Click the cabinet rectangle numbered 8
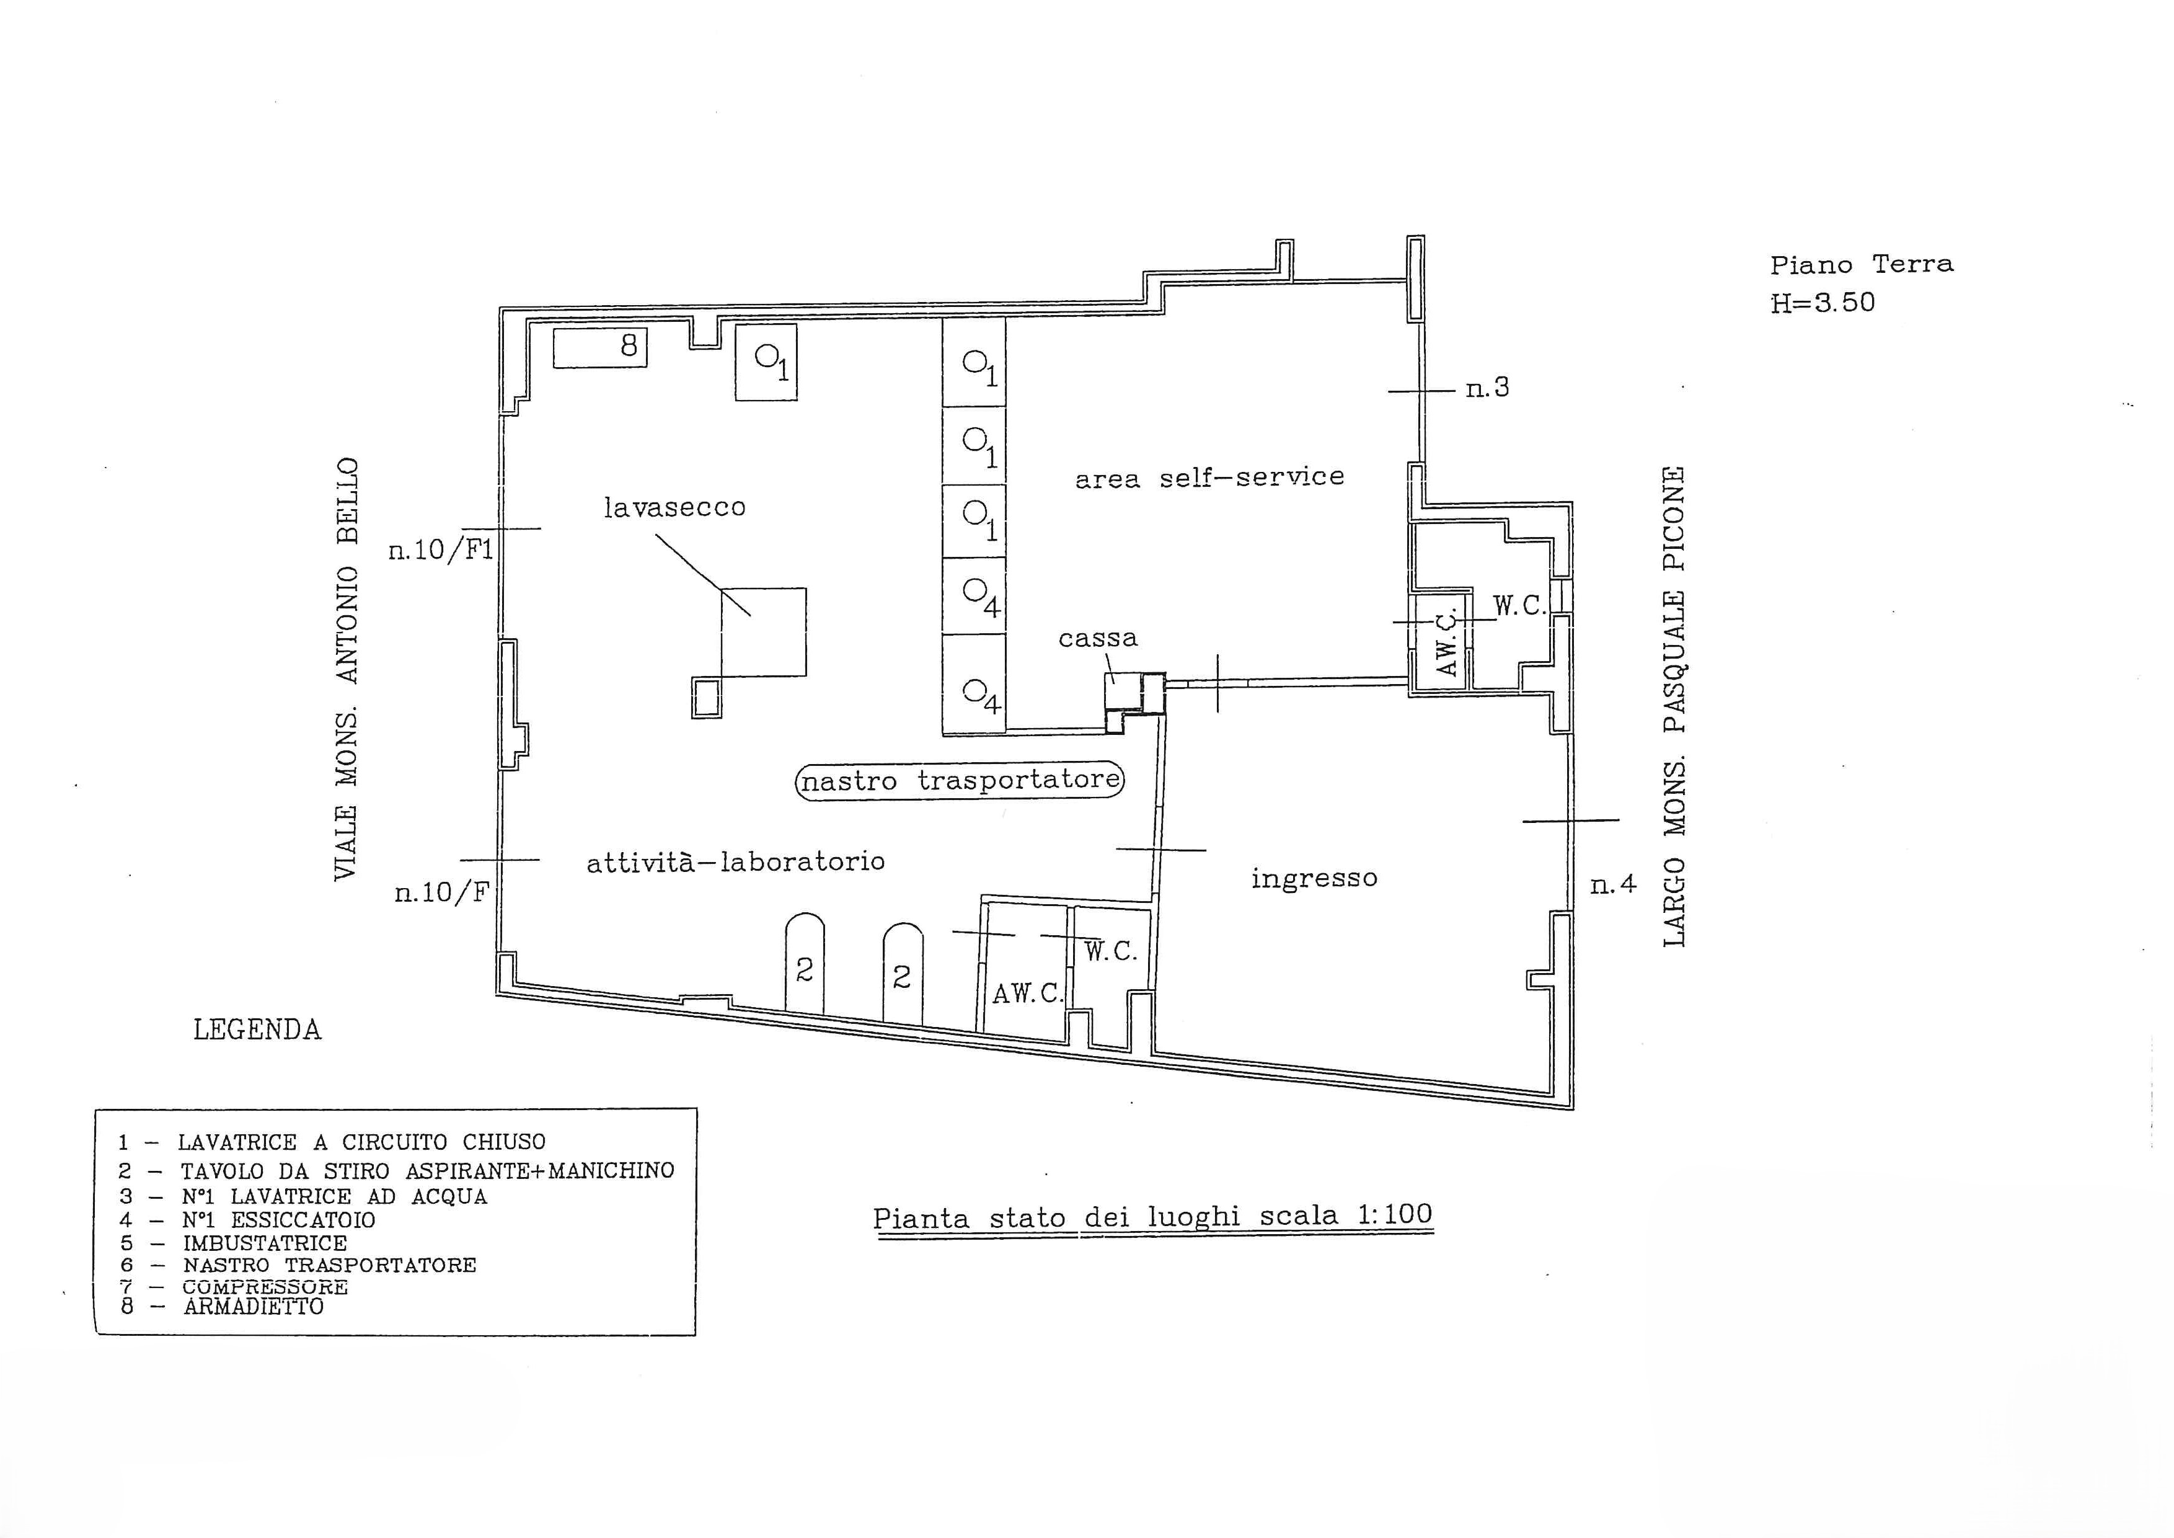pos(599,347)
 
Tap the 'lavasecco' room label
pos(674,508)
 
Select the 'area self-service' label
pos(1209,478)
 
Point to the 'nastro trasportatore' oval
pos(959,781)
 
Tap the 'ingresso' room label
pos(1314,879)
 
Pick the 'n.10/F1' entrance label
pos(441,549)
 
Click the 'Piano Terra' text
pos(1862,264)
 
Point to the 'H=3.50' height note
pos(1823,302)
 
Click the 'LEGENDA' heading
pos(257,1029)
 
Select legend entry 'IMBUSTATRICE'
pos(265,1243)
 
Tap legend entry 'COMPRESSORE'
pos(265,1287)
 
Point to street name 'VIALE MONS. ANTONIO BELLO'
pos(347,669)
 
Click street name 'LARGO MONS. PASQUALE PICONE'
pos(1674,706)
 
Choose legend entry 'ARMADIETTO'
pos(254,1307)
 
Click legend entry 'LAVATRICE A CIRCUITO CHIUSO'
pos(361,1142)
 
